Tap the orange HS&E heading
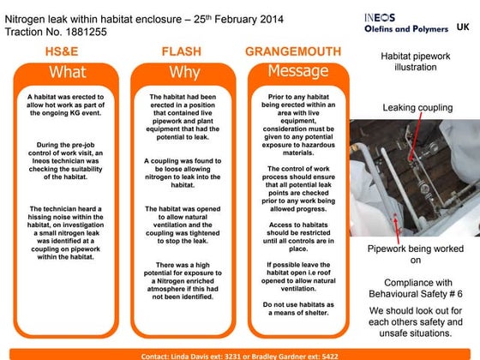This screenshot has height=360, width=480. click(x=67, y=52)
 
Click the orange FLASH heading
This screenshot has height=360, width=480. click(x=182, y=52)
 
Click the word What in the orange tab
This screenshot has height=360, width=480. click(x=67, y=72)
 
